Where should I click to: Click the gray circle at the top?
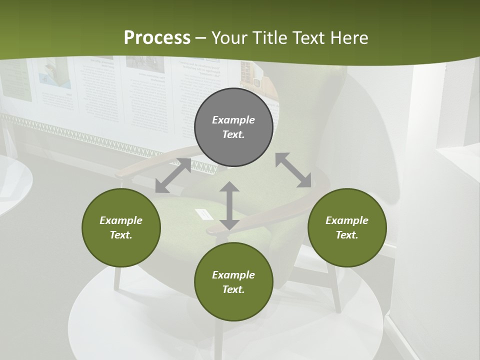click(x=233, y=127)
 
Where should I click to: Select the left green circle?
click(x=121, y=227)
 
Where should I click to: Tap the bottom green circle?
click(x=233, y=282)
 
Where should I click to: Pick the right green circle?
click(x=347, y=227)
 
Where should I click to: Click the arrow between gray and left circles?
click(x=173, y=175)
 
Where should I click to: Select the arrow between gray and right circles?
click(x=293, y=170)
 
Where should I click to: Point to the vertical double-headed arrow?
click(x=229, y=206)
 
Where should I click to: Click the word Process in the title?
click(x=157, y=37)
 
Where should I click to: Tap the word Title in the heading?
click(x=270, y=37)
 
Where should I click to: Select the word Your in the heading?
click(x=230, y=37)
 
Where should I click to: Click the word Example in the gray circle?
click(x=233, y=120)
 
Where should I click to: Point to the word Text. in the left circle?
click(x=121, y=235)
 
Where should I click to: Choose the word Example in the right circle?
click(x=347, y=220)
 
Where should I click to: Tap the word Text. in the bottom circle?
click(x=233, y=289)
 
